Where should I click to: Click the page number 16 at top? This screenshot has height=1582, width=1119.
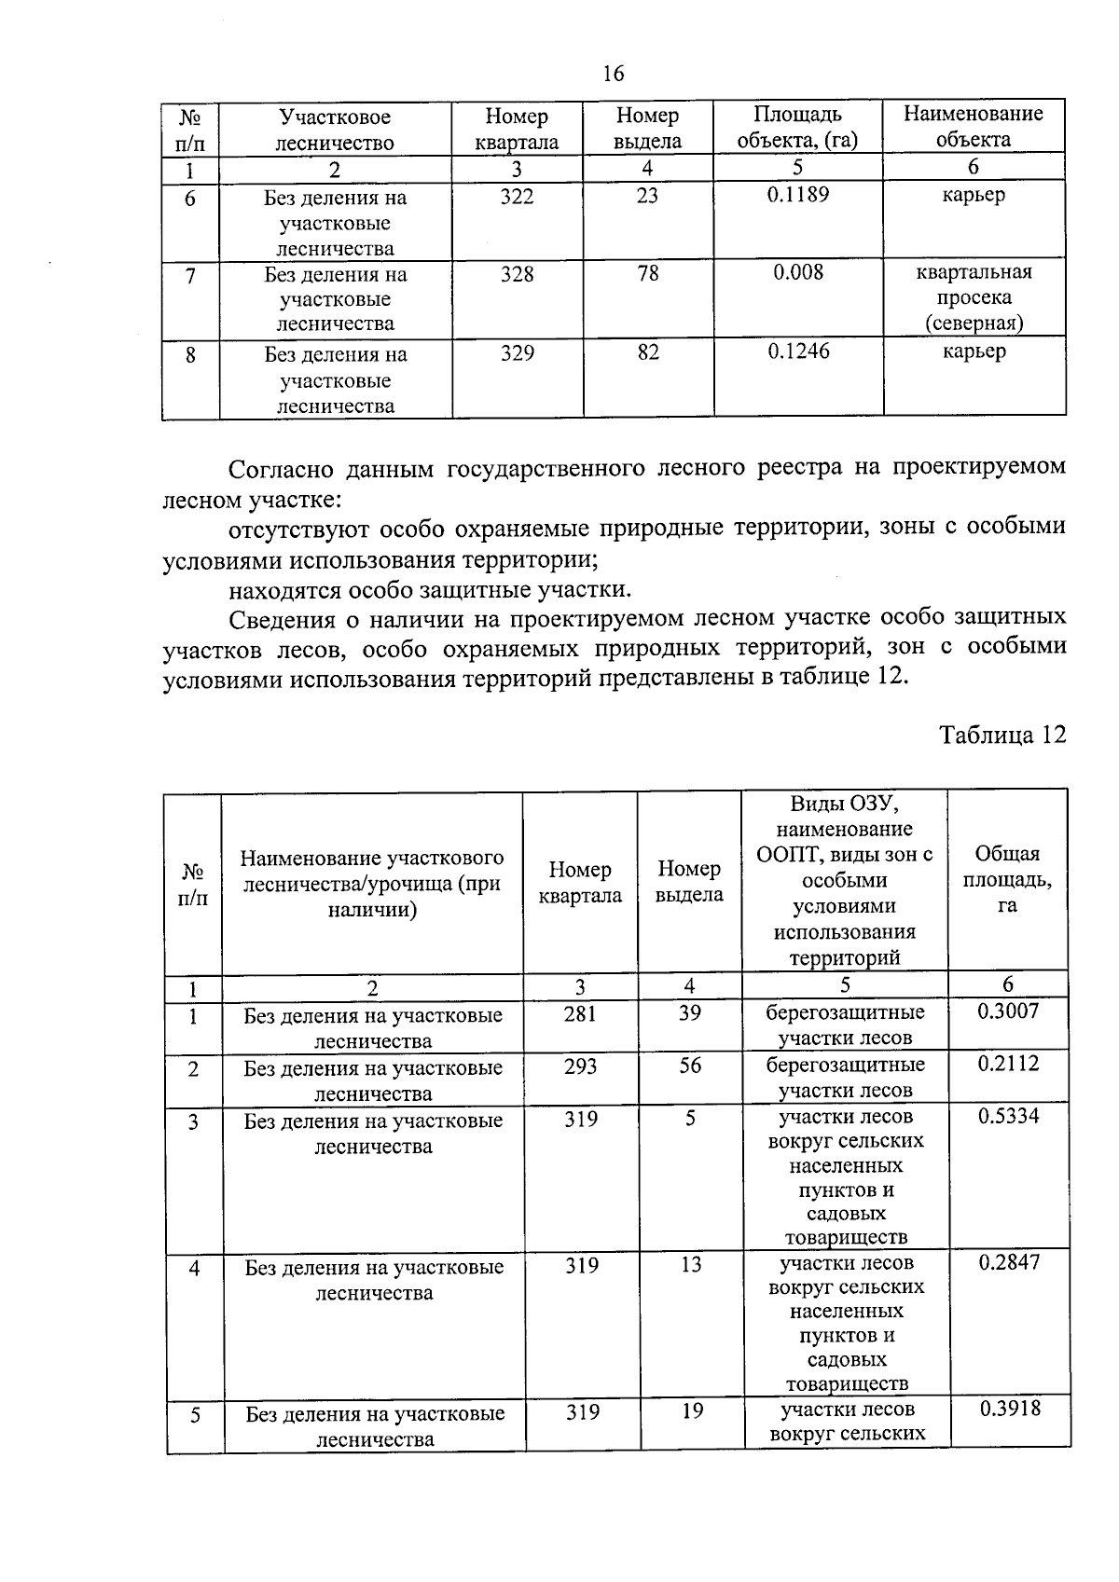(613, 74)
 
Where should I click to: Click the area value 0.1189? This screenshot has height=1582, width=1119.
(797, 195)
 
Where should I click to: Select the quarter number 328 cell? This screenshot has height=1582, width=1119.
(517, 274)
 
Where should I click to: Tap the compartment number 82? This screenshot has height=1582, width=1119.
(648, 352)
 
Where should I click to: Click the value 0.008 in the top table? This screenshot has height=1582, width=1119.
(798, 272)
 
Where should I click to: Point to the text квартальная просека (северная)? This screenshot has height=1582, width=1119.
(974, 297)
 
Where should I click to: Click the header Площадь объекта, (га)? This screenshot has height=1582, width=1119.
(797, 128)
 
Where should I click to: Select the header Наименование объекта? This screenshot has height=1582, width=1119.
(974, 127)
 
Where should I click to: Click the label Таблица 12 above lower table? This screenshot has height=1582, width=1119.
(1002, 735)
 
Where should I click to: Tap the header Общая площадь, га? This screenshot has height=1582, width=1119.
(1007, 879)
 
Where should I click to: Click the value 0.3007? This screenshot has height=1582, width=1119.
(1008, 1011)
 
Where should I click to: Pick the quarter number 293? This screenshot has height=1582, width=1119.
(580, 1066)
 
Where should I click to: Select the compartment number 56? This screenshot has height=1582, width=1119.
(690, 1066)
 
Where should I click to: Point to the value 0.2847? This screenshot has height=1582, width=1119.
(1009, 1263)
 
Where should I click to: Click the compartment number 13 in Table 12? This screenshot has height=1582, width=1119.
(690, 1265)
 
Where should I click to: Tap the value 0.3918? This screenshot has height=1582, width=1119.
(1010, 1409)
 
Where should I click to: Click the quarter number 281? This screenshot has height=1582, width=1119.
(580, 1013)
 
